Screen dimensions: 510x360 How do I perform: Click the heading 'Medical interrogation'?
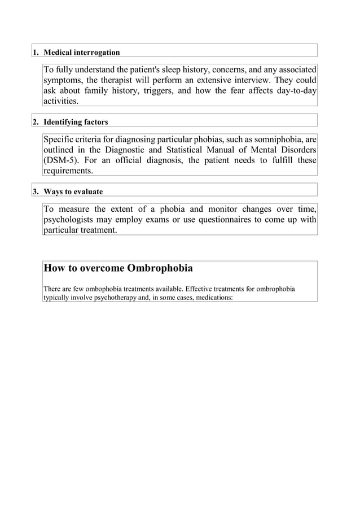[82, 53]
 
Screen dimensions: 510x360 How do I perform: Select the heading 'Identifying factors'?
[76, 122]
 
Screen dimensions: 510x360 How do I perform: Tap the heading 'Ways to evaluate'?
[73, 191]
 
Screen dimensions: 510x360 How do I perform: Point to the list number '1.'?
[36, 53]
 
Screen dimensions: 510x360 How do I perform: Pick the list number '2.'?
[36, 122]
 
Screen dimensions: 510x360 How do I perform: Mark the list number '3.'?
[36, 191]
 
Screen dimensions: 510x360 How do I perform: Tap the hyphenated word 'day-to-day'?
[297, 91]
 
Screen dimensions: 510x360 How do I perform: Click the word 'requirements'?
[68, 171]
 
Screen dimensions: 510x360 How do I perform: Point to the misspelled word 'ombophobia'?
[95, 289]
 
